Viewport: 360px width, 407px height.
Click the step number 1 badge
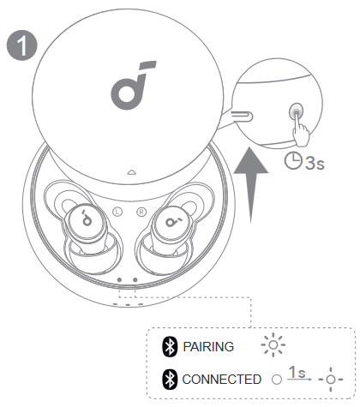[22, 45]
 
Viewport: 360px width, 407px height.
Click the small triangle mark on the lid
[131, 172]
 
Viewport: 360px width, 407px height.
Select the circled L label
[117, 212]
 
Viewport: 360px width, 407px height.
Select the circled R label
[141, 212]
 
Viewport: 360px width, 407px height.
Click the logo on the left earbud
[87, 218]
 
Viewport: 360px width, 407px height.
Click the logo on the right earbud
[173, 221]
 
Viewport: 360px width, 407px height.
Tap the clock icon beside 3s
[293, 161]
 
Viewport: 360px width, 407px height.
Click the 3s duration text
[315, 163]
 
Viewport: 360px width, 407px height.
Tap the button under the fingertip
[297, 111]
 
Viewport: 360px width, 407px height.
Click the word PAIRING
[208, 347]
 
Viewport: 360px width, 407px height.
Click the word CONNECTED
[222, 380]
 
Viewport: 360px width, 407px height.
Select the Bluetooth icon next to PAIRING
[170, 346]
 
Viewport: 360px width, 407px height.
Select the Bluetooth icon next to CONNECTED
[170, 380]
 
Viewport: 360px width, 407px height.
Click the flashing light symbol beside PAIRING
[273, 344]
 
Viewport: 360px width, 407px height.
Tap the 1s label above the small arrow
[297, 372]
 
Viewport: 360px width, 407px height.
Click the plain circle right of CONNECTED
[277, 380]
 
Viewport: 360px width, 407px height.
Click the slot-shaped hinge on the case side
[242, 117]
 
